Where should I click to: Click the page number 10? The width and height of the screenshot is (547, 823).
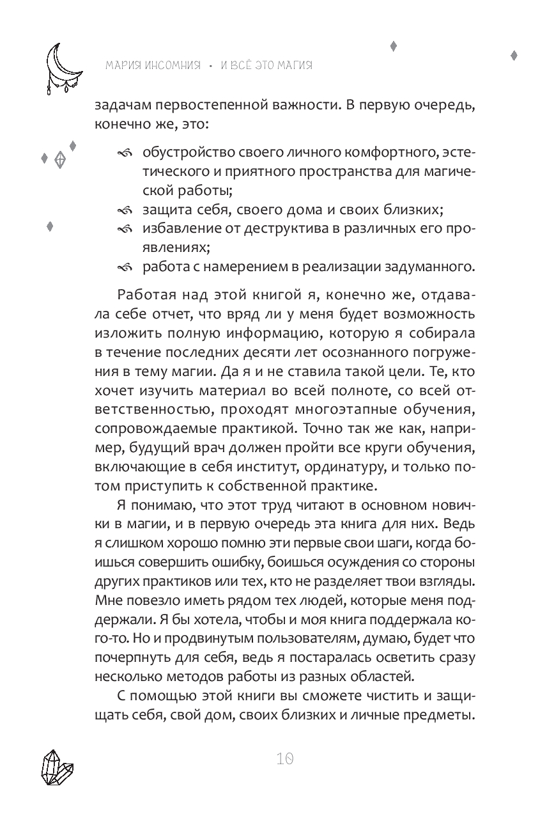[x=285, y=759]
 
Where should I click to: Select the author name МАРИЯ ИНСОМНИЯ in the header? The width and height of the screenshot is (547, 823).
[x=151, y=65]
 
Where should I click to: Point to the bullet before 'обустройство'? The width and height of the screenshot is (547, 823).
[x=125, y=153]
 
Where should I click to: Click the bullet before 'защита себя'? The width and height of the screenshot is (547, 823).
[x=125, y=210]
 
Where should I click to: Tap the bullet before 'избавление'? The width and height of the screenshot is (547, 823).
[x=125, y=228]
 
